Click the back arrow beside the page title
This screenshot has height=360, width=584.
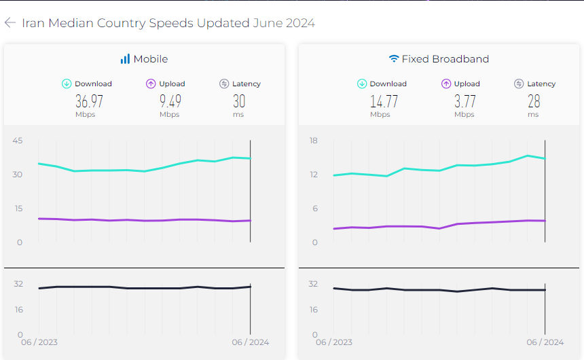pyautogui.click(x=10, y=23)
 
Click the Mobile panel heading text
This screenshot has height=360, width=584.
pyautogui.click(x=151, y=59)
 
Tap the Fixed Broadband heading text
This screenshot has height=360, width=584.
pyautogui.click(x=445, y=59)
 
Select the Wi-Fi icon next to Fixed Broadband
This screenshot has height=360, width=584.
pyautogui.click(x=394, y=59)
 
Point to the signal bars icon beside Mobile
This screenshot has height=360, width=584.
pyautogui.click(x=125, y=59)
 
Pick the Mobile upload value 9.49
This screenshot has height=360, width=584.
pyautogui.click(x=170, y=102)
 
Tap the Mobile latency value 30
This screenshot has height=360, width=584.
pyautogui.click(x=239, y=102)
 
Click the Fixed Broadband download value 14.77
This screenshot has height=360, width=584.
pyautogui.click(x=384, y=102)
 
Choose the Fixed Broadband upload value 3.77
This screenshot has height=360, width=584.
pyautogui.click(x=464, y=102)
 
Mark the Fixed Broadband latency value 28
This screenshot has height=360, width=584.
pyautogui.click(x=534, y=102)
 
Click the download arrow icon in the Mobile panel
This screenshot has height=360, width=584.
pyautogui.click(x=67, y=84)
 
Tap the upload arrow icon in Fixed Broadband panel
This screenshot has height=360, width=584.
pyautogui.click(x=446, y=84)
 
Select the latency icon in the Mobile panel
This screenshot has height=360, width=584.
pyautogui.click(x=224, y=84)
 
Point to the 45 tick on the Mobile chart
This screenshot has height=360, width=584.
pyautogui.click(x=18, y=141)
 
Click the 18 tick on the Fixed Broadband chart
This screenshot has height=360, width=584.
pyautogui.click(x=313, y=141)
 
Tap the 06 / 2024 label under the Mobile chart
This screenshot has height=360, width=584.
pyautogui.click(x=250, y=342)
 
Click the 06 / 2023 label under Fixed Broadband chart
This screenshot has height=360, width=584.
pyautogui.click(x=333, y=342)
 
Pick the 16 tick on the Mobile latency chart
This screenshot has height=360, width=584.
pyautogui.click(x=18, y=310)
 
